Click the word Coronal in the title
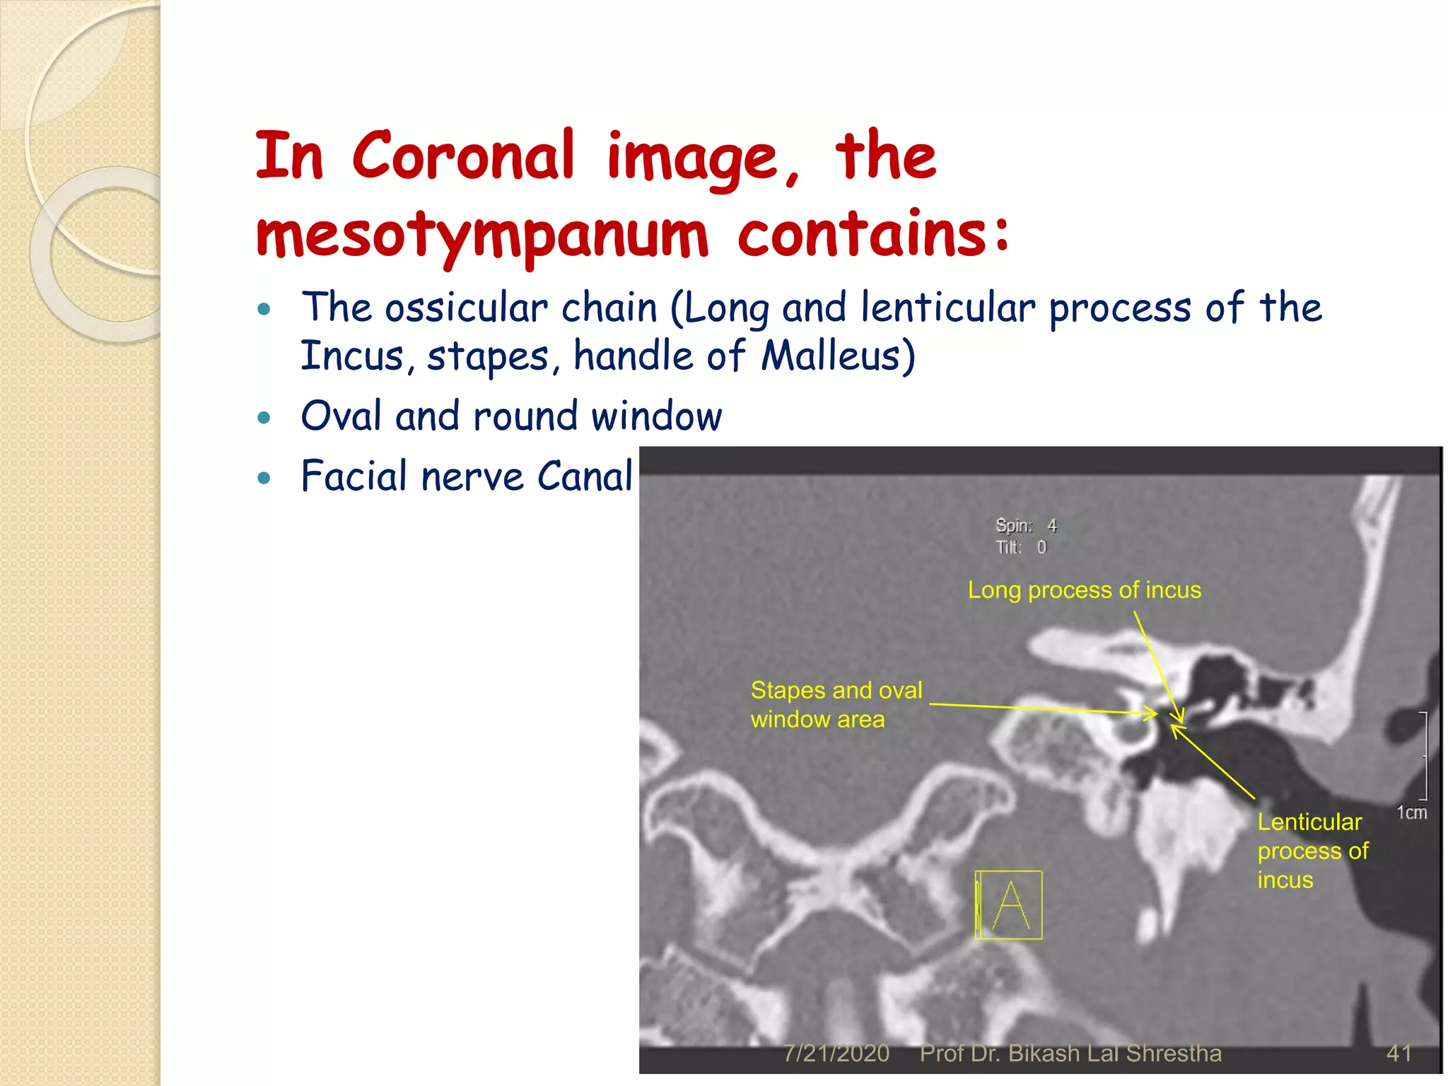(463, 156)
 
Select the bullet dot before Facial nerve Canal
(264, 478)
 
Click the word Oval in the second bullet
(341, 416)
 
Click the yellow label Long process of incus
(1084, 590)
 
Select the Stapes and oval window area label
(836, 704)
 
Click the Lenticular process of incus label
(1312, 851)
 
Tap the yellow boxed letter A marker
(1009, 905)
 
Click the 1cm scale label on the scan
(1411, 813)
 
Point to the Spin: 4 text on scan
(1026, 525)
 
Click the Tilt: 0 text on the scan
(1021, 547)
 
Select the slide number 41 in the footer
(1399, 1053)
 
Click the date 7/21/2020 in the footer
(836, 1053)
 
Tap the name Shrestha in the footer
(1174, 1053)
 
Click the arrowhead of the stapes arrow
(1155, 714)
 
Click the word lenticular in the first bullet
(947, 308)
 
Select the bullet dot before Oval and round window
(264, 418)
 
